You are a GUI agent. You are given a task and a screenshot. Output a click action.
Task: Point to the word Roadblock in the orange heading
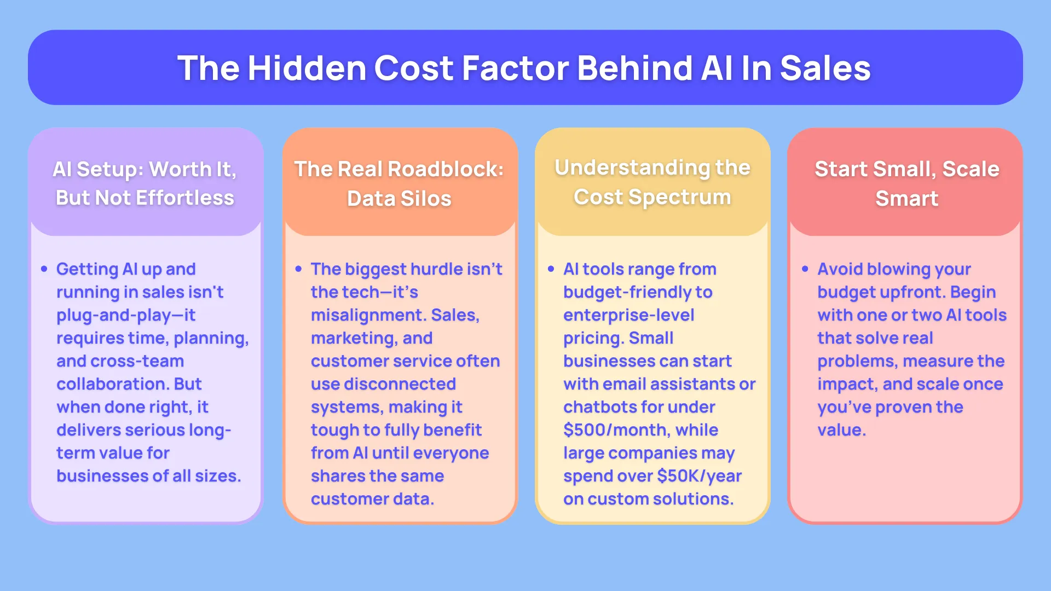pos(445,169)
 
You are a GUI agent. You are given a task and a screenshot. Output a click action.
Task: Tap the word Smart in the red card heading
pos(906,198)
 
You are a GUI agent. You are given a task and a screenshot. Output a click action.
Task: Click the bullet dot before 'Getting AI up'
pos(44,269)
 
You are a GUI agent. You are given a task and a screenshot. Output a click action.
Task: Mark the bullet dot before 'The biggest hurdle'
pos(298,269)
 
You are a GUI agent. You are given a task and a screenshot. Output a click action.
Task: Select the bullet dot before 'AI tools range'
pos(551,269)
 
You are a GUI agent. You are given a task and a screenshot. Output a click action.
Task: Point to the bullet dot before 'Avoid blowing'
pos(805,269)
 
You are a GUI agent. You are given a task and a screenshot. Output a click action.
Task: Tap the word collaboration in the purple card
pos(113,384)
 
